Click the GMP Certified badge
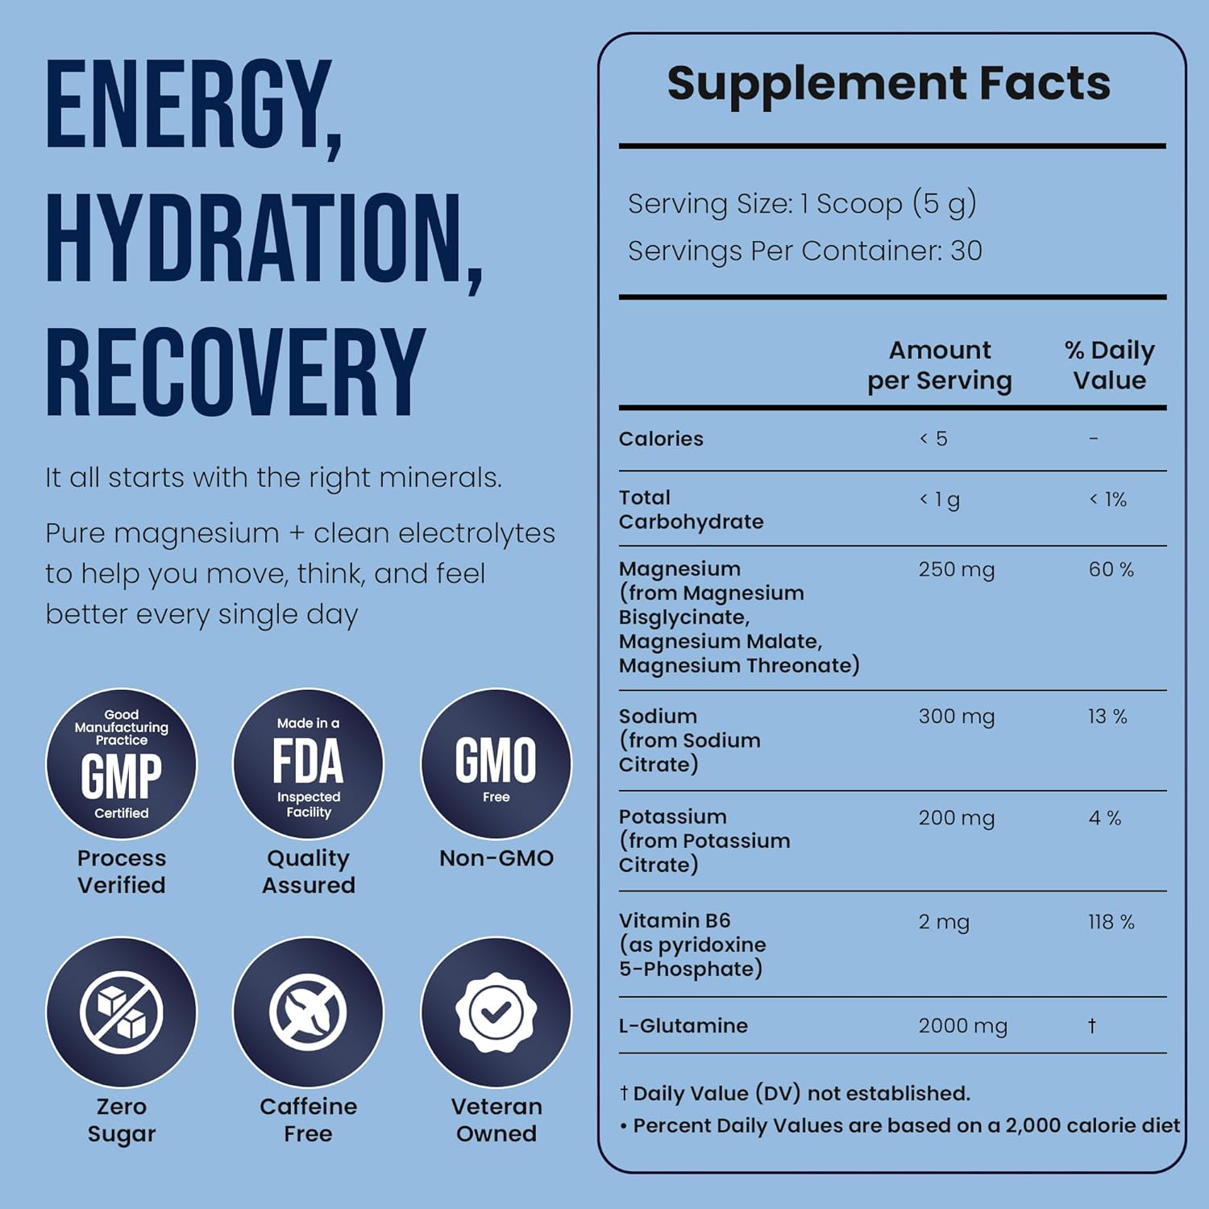121,763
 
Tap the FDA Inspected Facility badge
308,763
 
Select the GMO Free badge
496,763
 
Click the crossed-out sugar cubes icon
121,1012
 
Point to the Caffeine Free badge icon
308,1012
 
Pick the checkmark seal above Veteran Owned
496,1012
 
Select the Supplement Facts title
888,83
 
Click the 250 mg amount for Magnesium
956,570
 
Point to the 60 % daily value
1111,570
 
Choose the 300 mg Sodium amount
956,717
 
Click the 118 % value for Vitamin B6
1111,922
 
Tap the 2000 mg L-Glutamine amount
962,1026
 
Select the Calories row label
661,439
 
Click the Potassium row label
672,816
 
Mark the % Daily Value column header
1109,365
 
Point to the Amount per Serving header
940,365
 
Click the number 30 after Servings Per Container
966,251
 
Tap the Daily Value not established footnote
795,1094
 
